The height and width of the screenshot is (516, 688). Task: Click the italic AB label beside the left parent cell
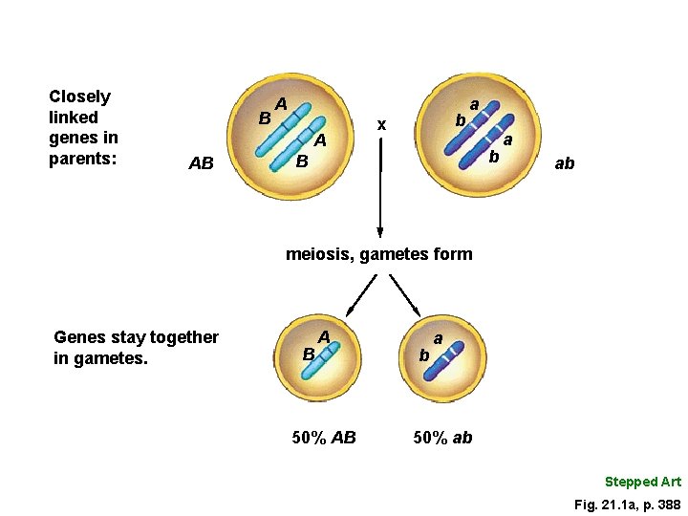point(201,163)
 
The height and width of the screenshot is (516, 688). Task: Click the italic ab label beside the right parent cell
point(565,163)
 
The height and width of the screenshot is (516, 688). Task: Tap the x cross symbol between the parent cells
point(381,124)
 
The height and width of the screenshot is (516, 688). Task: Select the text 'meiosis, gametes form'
point(379,254)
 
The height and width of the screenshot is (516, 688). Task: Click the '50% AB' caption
point(323,438)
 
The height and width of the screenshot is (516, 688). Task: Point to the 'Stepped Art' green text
point(642,482)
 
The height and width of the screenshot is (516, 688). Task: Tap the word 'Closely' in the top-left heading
point(79,97)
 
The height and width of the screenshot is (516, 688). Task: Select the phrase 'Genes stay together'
point(137,337)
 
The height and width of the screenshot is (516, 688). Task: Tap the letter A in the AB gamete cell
point(325,336)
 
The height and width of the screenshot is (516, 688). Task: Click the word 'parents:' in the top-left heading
point(82,159)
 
